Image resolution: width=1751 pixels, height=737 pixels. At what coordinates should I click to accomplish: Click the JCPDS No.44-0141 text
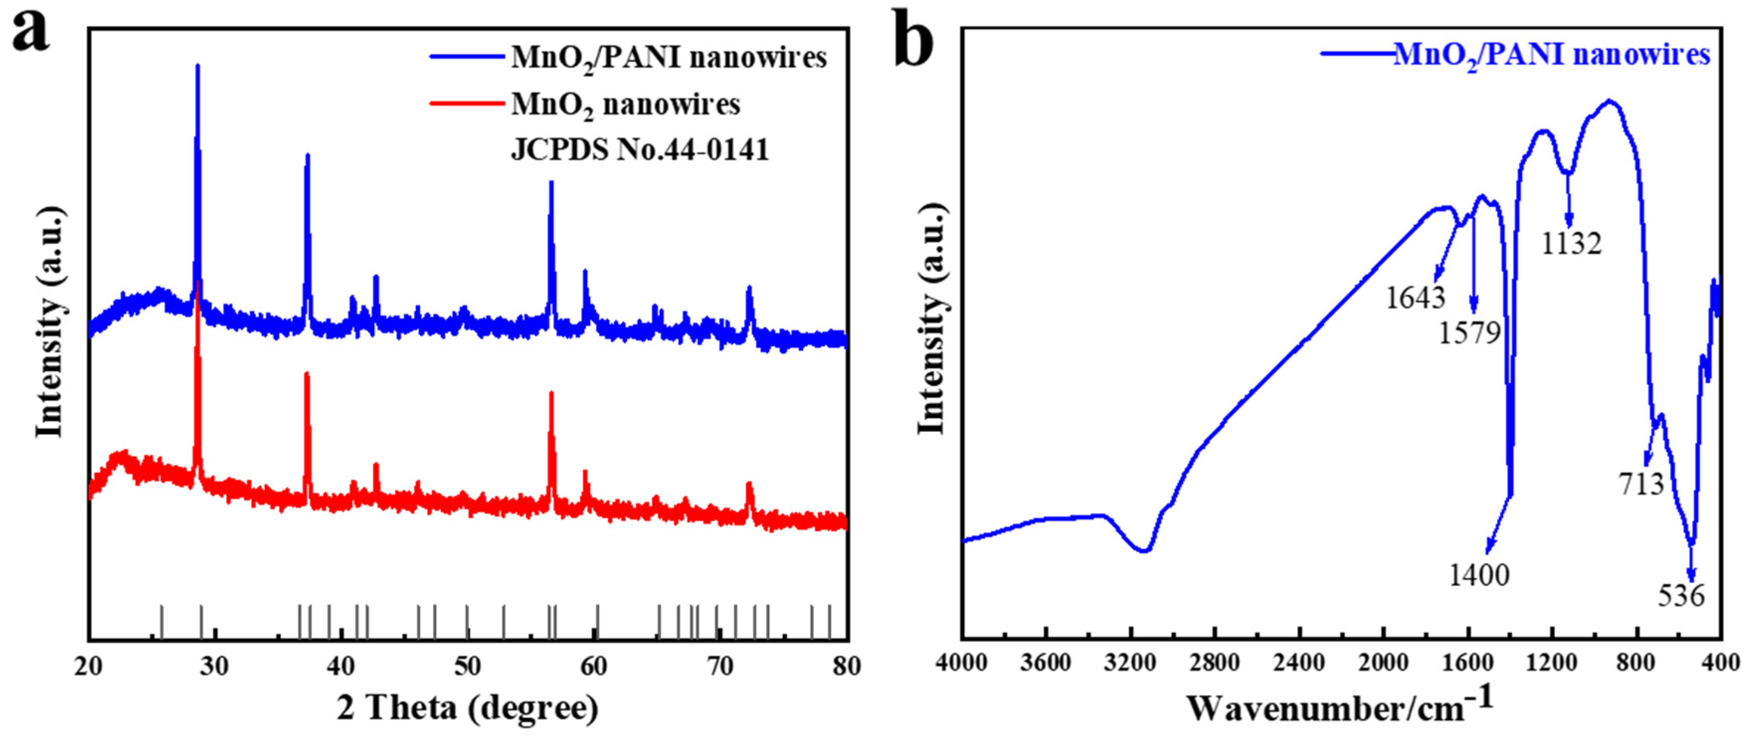639,150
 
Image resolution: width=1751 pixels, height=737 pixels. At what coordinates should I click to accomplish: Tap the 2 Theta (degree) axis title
468,708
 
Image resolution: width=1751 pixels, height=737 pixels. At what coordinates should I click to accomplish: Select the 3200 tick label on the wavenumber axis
1129,662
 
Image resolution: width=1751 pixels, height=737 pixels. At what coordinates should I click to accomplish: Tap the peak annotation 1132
1571,243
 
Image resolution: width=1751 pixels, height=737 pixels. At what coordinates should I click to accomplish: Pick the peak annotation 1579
1469,333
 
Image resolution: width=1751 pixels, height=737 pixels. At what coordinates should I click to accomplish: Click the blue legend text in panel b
1551,54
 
